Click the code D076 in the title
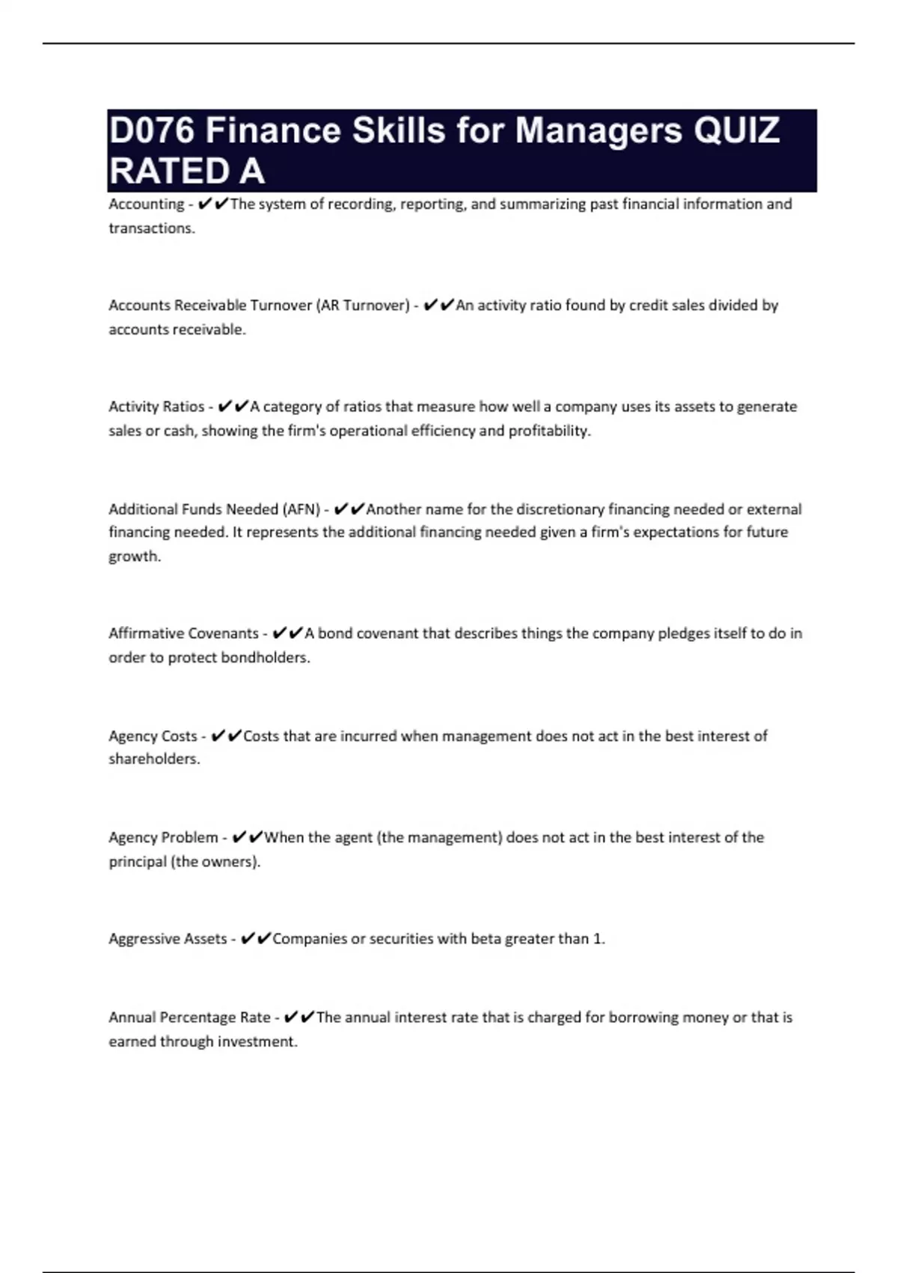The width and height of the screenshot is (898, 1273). [151, 131]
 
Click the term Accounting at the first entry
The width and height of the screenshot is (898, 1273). [146, 204]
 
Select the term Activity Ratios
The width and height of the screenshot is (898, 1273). [156, 407]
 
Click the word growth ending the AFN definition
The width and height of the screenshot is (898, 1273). [134, 556]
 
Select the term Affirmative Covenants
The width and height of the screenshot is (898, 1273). [183, 634]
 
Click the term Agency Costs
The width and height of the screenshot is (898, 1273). [153, 736]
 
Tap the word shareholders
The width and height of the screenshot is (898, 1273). [153, 759]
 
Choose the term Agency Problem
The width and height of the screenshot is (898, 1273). [163, 838]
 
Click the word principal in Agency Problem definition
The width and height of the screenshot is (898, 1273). [138, 862]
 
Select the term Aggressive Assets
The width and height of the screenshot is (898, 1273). [168, 939]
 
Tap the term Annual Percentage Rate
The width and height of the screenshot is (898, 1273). [189, 1018]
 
